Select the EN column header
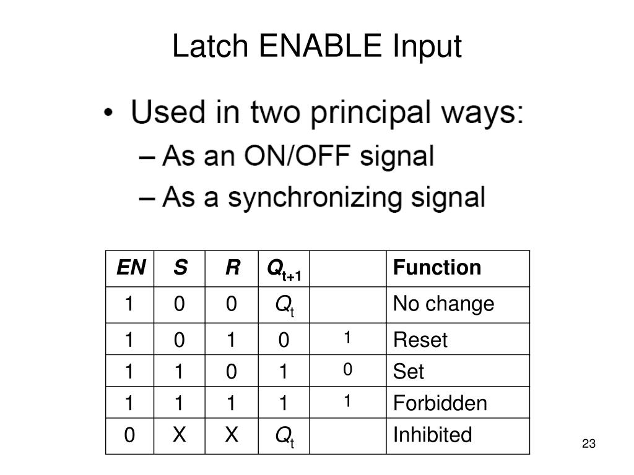[131, 268]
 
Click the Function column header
[437, 268]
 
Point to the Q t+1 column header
[283, 269]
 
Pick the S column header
[180, 268]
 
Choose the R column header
[232, 268]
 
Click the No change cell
[443, 304]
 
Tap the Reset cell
[420, 340]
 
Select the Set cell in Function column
[409, 372]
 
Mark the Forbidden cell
[440, 403]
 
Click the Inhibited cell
[432, 435]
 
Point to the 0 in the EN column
[129, 435]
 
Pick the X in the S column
[180, 435]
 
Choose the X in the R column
[232, 435]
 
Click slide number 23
[588, 444]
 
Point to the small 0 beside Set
[348, 370]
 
